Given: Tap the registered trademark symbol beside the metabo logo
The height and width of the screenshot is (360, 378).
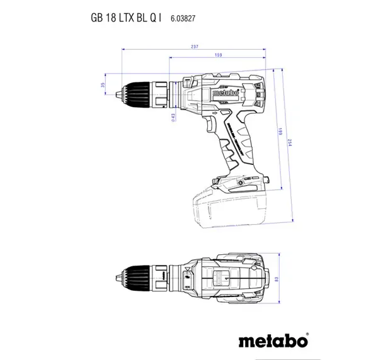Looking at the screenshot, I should click(x=307, y=334).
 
